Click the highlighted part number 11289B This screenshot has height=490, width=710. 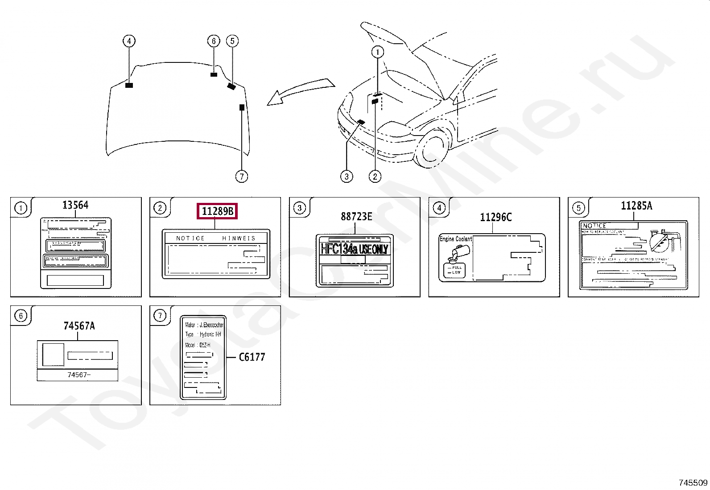[218, 211]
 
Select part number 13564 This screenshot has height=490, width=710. [75, 205]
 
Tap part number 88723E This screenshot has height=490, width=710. [356, 217]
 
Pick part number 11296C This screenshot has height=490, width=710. [495, 217]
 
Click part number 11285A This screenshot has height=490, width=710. [636, 206]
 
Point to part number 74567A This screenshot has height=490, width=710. [79, 326]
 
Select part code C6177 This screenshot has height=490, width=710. [252, 357]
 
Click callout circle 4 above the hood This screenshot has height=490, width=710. [129, 41]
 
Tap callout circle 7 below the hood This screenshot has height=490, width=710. [241, 177]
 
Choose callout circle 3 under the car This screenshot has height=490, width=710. [347, 177]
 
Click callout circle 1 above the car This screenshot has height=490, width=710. [378, 52]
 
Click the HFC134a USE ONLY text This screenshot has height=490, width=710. [355, 249]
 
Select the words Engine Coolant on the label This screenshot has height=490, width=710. [455, 239]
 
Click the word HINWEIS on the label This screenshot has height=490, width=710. [239, 239]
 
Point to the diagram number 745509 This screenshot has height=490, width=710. [693, 482]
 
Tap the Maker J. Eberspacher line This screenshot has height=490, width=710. [204, 325]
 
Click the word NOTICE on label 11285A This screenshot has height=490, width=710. [594, 226]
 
